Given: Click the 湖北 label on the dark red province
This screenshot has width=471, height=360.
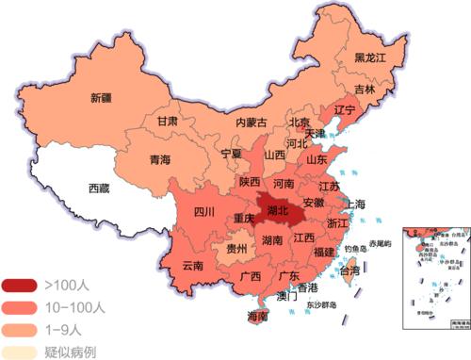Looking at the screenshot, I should click(278, 212).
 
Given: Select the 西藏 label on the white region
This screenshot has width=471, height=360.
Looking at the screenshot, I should click(99, 188).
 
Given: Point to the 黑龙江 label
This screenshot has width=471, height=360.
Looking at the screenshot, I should click(370, 58).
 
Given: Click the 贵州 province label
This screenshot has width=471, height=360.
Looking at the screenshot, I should click(239, 250).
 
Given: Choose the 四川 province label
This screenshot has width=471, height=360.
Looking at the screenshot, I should click(204, 212).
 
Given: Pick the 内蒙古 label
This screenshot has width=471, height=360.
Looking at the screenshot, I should click(251, 123).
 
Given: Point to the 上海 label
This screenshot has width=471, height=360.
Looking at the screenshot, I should click(355, 204).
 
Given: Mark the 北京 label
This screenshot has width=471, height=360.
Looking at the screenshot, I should click(299, 123).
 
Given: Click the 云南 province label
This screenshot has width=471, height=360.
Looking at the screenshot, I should click(192, 266).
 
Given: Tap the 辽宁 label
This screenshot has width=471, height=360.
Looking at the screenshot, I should click(344, 110).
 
